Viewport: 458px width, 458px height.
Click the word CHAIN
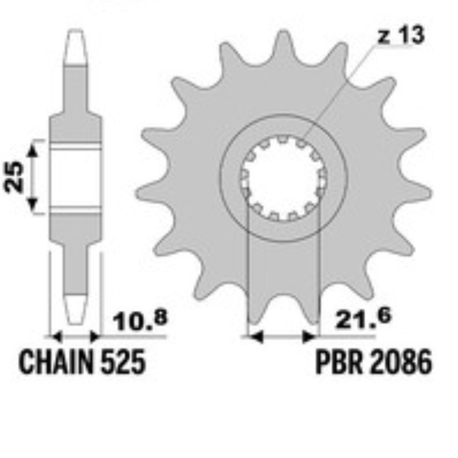click(x=56, y=362)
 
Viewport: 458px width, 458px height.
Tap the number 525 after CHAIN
click(x=123, y=362)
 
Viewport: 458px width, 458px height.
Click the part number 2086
click(x=401, y=362)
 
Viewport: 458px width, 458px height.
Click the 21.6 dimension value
click(x=363, y=318)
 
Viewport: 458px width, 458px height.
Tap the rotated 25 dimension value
click(x=13, y=177)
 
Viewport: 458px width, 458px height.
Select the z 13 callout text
click(x=401, y=35)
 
